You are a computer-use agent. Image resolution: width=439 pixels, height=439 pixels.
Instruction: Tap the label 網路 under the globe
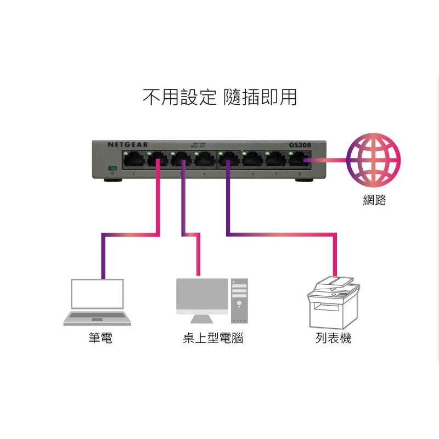tap(374, 200)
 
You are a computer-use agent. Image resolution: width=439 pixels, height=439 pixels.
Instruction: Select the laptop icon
tap(97, 302)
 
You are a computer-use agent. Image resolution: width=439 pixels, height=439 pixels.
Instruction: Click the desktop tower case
tap(239, 301)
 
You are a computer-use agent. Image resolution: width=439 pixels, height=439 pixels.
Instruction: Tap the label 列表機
tap(333, 339)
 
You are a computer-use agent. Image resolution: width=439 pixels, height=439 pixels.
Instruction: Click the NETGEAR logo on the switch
tap(127, 145)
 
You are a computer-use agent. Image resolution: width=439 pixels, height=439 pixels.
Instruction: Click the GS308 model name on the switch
tap(300, 145)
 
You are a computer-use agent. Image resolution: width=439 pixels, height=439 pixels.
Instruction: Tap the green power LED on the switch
tap(113, 168)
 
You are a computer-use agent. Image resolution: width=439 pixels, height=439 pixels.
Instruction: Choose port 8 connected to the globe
tap(299, 160)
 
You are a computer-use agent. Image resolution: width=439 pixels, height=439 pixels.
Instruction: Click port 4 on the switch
tap(205, 160)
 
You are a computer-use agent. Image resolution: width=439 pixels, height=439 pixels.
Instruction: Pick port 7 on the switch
tap(275, 160)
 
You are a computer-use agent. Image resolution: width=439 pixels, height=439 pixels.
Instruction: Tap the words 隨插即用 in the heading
tap(261, 98)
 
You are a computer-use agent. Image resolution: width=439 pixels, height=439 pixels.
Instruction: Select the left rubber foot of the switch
tap(115, 179)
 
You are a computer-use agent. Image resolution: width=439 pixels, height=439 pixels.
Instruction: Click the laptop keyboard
tap(97, 317)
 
